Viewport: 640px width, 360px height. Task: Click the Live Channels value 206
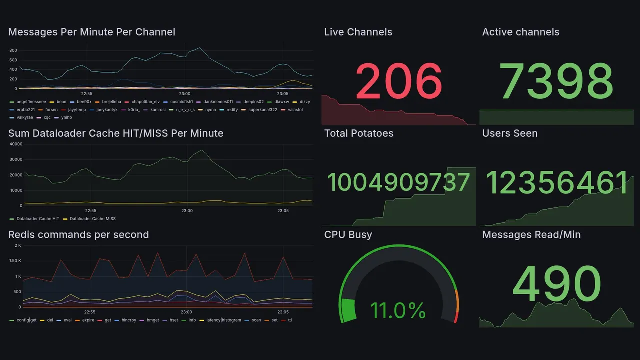click(399, 81)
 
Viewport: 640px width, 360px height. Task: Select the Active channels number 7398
click(556, 81)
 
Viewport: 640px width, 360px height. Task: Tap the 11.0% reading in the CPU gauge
click(398, 311)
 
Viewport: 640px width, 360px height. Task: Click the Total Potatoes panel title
click(359, 133)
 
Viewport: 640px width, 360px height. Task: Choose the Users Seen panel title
click(510, 133)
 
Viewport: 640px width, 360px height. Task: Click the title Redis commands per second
click(78, 235)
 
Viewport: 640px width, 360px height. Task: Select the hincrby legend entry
click(129, 320)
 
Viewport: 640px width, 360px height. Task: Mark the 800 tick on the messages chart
click(13, 51)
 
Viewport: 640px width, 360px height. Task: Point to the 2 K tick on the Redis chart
click(17, 245)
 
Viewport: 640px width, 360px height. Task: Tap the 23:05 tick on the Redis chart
click(283, 312)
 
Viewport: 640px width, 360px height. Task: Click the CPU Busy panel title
click(348, 235)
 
